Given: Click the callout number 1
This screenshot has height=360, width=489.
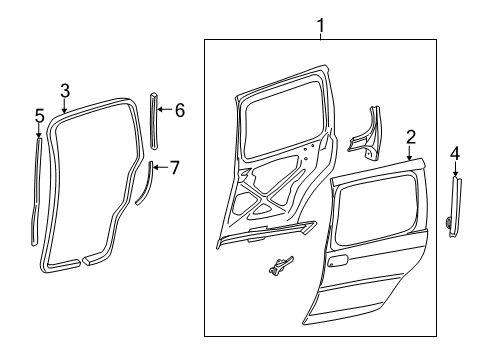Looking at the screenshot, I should point(321,23).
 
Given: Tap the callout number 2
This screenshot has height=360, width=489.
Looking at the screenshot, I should point(410,136).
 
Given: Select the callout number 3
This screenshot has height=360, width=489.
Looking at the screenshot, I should point(64,91).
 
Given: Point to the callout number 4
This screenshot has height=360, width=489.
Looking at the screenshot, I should point(455,153).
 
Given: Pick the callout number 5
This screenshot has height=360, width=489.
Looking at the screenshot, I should point(39,115).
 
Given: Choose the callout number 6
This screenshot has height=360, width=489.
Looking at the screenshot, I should point(179,110).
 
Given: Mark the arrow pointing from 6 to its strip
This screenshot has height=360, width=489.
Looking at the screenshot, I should point(165,110).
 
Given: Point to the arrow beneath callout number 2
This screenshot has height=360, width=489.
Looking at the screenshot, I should point(410,151).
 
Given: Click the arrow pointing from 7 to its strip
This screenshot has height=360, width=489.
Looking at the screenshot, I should point(159,167).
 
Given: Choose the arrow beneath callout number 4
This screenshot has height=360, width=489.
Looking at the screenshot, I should point(455,169).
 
